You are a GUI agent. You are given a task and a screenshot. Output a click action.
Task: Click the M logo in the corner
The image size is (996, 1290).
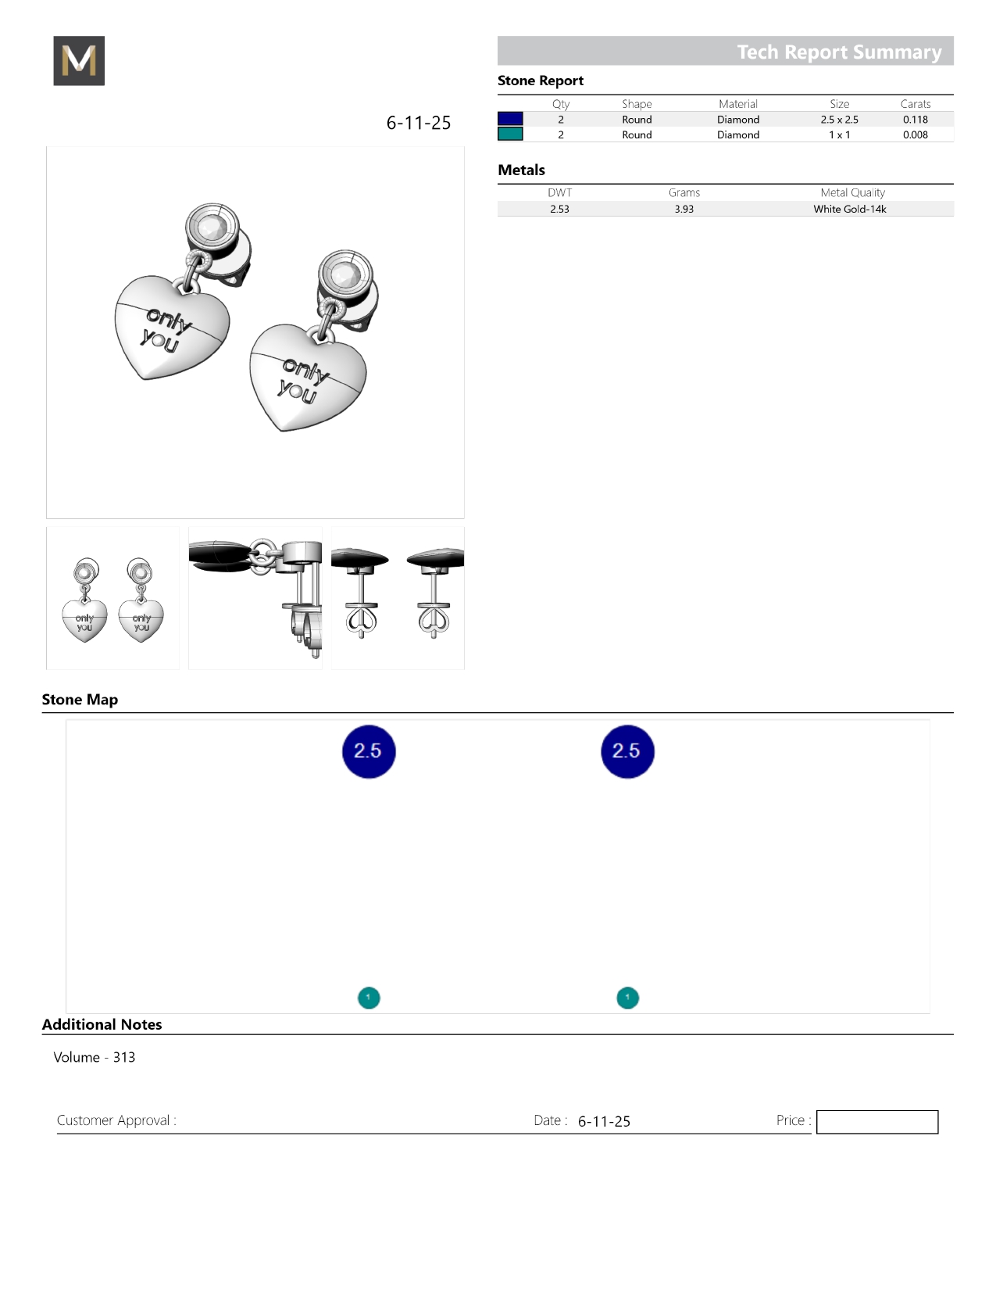click(x=79, y=60)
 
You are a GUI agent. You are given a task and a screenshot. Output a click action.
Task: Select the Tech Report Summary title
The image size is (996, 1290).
click(x=839, y=52)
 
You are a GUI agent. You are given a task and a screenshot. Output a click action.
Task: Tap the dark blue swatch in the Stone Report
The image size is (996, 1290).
click(x=510, y=119)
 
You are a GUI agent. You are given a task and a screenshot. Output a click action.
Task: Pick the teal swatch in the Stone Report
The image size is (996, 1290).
click(x=510, y=134)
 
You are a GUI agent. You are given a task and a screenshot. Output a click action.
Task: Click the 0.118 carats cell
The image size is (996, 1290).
click(x=915, y=120)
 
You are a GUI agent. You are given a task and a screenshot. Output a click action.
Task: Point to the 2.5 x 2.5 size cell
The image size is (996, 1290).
click(x=839, y=120)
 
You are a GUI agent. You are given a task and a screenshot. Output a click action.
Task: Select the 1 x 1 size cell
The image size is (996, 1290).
click(x=839, y=134)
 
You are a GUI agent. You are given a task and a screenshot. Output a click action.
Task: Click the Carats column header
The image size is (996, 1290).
click(x=915, y=104)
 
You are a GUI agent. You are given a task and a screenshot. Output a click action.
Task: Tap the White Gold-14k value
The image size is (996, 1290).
click(x=849, y=209)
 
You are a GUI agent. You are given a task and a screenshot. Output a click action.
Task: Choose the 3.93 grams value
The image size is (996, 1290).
click(x=684, y=209)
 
